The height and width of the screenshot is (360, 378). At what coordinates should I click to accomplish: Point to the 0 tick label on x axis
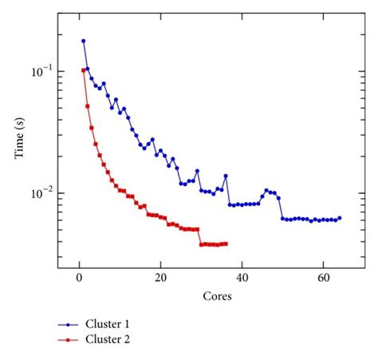click(79, 280)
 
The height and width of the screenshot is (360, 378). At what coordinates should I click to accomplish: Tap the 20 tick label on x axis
click(160, 280)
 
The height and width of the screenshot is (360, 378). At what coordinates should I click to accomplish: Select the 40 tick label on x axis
click(242, 280)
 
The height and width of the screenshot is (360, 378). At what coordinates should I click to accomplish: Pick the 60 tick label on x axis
click(323, 280)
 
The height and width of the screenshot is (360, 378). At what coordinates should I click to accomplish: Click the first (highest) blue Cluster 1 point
click(83, 41)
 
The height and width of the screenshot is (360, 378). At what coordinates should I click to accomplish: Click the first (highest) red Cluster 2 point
click(83, 70)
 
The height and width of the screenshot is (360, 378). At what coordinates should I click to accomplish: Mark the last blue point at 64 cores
click(339, 218)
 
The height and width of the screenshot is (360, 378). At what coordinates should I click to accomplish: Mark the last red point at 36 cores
click(226, 243)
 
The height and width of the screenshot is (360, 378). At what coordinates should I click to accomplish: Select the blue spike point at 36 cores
click(226, 176)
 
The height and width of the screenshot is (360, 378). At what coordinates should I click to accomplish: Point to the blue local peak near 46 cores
click(267, 190)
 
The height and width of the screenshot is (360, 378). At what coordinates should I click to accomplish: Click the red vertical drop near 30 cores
click(200, 236)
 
